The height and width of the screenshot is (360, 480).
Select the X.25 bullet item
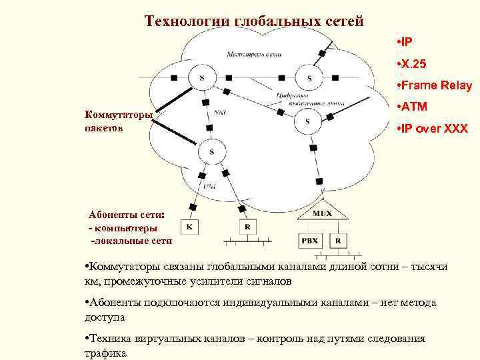pyautogui.click(x=414, y=63)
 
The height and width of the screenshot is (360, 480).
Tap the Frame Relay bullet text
pyautogui.click(x=435, y=85)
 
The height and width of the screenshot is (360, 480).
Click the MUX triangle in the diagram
pyautogui.click(x=322, y=213)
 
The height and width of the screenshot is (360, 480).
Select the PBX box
pyautogui.click(x=311, y=240)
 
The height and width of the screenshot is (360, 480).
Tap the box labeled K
pyautogui.click(x=189, y=227)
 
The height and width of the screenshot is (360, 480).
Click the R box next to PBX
pyautogui.click(x=339, y=240)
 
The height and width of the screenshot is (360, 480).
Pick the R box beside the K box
pyautogui.click(x=247, y=227)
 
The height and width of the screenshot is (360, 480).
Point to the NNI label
pyautogui.click(x=221, y=113)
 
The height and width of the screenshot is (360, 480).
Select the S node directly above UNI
pyautogui.click(x=211, y=152)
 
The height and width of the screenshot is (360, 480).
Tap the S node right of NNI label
pyautogui.click(x=307, y=121)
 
